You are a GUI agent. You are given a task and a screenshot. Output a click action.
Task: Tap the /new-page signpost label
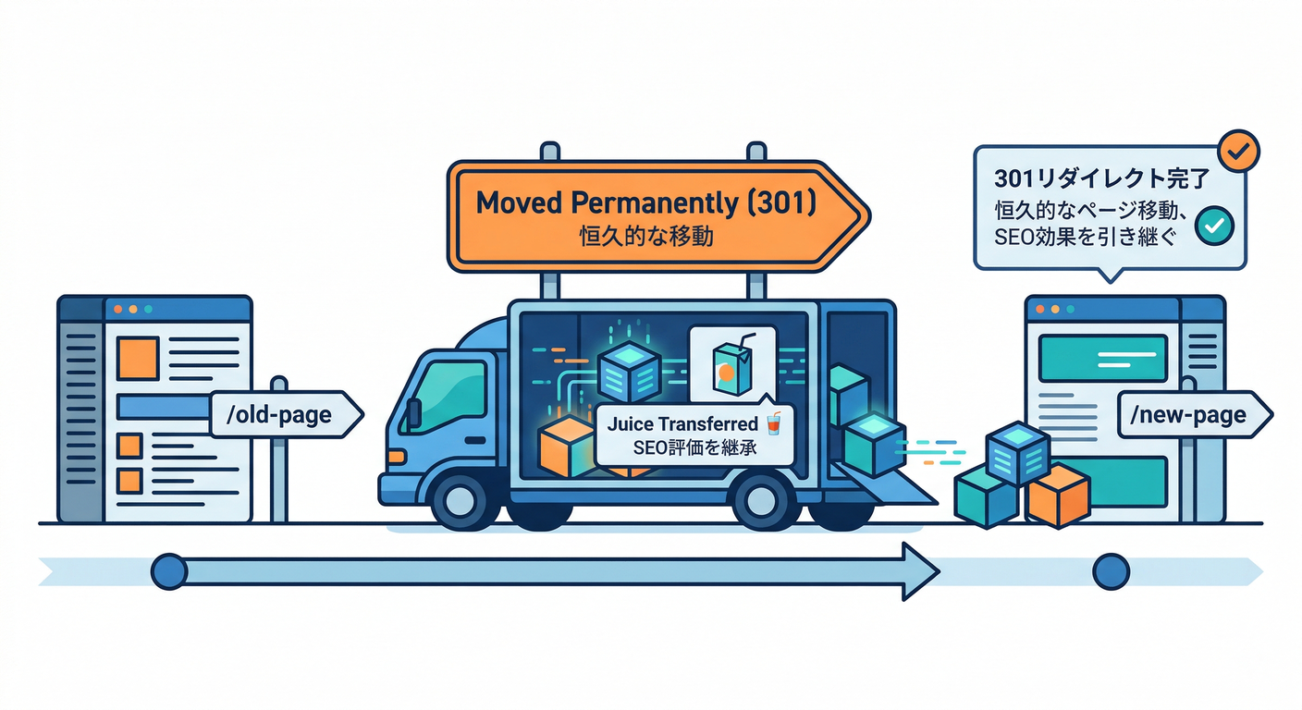[x=1187, y=415]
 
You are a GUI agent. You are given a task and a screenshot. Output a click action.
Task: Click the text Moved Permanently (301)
[x=645, y=203]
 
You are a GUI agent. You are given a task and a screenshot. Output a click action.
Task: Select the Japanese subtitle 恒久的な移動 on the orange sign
[x=645, y=237]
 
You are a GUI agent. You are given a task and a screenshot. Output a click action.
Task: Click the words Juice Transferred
[x=682, y=424]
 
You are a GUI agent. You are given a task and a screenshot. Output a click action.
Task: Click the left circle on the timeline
[x=168, y=571]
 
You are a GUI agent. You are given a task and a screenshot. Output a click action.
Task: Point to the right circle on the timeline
[x=1111, y=571]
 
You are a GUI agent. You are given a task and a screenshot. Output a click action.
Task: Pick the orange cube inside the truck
[x=564, y=447]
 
